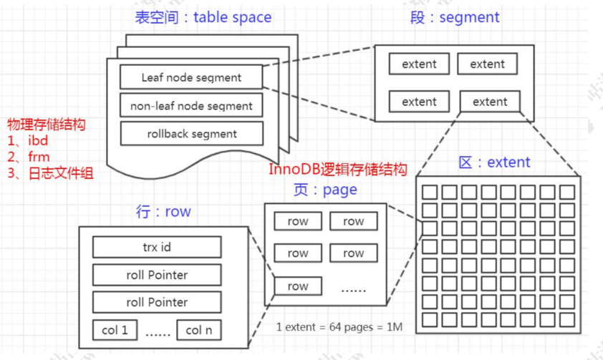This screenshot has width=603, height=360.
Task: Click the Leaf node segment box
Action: click(191, 77)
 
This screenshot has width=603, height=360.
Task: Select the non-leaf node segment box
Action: click(191, 106)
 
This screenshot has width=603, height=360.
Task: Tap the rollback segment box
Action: click(191, 134)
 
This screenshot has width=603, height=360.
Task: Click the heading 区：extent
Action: click(494, 162)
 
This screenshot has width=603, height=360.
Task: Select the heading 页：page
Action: click(325, 190)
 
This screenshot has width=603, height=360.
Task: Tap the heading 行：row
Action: click(163, 212)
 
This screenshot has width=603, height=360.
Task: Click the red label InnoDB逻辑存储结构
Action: click(338, 170)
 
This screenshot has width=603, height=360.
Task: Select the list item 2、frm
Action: click(28, 156)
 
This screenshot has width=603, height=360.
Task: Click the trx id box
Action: click(157, 248)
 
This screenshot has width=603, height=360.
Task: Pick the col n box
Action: click(199, 330)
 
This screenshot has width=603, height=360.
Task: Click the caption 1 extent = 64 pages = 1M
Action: click(339, 327)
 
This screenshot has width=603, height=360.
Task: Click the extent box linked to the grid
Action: click(490, 102)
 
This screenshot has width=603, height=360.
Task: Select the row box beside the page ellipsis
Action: click(298, 286)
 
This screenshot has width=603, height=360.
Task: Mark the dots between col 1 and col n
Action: click(157, 331)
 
